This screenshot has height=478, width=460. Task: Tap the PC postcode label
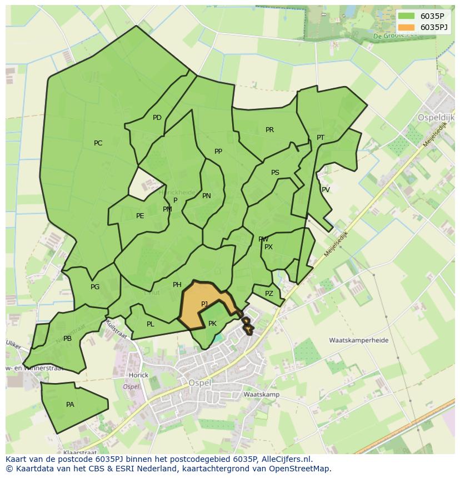click(x=98, y=143)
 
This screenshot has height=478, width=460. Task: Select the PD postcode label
click(x=157, y=118)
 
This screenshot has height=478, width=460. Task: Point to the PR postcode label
click(x=269, y=130)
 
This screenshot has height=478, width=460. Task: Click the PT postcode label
click(x=321, y=138)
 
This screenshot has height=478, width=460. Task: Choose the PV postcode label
click(x=326, y=190)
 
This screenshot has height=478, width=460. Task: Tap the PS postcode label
click(x=275, y=173)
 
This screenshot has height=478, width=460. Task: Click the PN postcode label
click(x=207, y=196)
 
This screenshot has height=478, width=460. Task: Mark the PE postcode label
click(x=140, y=216)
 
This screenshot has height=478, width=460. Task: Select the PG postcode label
click(x=95, y=287)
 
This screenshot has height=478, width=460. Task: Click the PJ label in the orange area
click(x=204, y=304)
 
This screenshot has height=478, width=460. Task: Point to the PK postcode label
click(x=212, y=324)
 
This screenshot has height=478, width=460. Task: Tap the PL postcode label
click(x=150, y=324)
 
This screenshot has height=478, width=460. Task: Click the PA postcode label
click(x=70, y=405)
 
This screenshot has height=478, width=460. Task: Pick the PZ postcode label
click(x=269, y=294)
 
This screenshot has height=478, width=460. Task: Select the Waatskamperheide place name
click(x=358, y=340)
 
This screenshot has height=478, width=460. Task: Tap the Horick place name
click(x=138, y=375)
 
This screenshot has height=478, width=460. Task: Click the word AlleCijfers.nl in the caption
click(x=287, y=459)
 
